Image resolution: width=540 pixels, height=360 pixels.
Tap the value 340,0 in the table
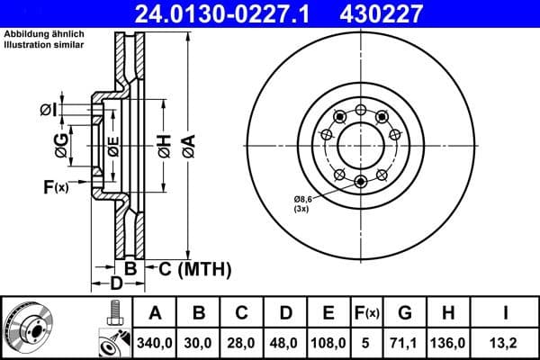tap(156, 342)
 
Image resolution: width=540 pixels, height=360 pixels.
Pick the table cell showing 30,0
tap(199, 342)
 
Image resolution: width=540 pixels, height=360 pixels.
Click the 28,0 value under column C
tap(242, 342)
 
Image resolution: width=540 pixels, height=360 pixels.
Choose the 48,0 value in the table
tap(285, 342)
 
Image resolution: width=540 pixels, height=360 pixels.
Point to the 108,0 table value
tap(328, 342)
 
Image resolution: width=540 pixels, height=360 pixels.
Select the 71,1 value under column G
tap(405, 342)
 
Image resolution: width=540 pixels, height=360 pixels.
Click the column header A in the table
tap(156, 313)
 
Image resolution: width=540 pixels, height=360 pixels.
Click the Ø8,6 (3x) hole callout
tap(301, 202)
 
